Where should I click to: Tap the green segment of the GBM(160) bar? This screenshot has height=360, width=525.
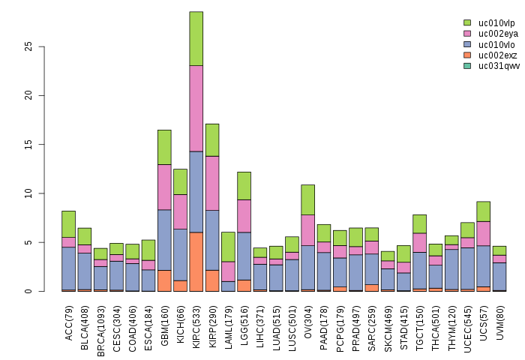pos(164,147)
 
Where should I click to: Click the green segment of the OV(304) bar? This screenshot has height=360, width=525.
pos(307,199)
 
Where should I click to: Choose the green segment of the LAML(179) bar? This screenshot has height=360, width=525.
pos(228,247)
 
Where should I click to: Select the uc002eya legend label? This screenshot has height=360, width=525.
pos(499,34)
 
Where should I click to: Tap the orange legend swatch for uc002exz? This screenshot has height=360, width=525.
pos(467,55)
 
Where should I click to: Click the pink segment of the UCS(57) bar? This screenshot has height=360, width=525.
pos(482,233)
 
